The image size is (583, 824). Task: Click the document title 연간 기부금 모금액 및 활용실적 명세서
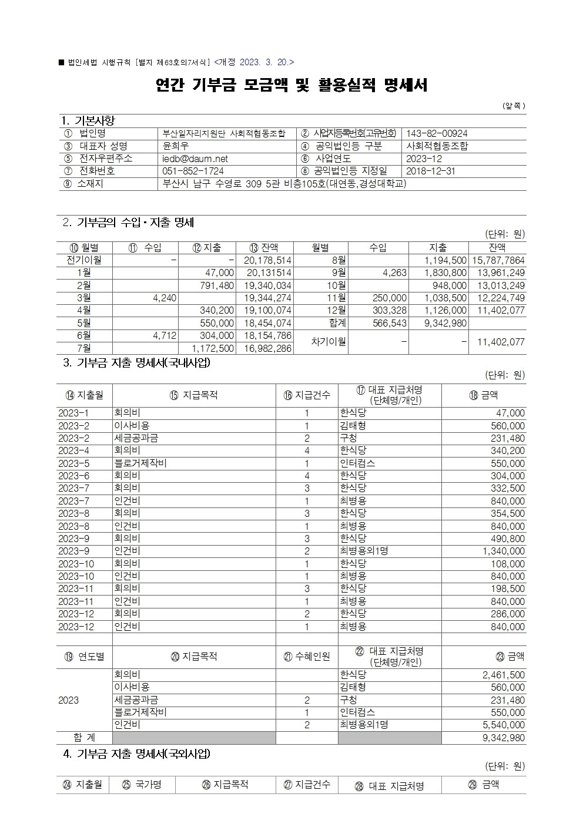click(x=291, y=86)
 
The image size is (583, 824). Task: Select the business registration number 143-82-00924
click(x=437, y=134)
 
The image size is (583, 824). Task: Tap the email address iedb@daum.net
click(x=195, y=159)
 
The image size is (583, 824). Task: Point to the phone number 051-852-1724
click(x=193, y=171)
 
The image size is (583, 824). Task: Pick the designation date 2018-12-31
click(x=430, y=171)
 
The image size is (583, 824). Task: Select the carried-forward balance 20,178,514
click(x=268, y=260)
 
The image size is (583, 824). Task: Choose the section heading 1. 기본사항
click(x=88, y=121)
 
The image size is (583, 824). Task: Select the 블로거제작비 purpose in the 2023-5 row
click(x=140, y=463)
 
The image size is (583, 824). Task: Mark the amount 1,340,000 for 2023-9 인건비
click(x=503, y=551)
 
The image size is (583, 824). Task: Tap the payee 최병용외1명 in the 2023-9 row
click(x=364, y=551)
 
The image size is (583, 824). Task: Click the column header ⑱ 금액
click(x=483, y=395)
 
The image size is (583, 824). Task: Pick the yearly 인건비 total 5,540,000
click(x=503, y=725)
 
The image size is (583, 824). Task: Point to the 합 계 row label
click(x=84, y=738)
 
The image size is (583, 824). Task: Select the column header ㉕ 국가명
click(x=141, y=785)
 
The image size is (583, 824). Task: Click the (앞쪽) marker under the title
click(x=514, y=106)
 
